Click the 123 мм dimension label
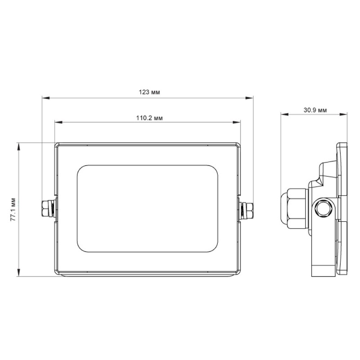[149, 92]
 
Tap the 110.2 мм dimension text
[149, 118]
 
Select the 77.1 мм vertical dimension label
[13, 209]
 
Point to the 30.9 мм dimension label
[315, 110]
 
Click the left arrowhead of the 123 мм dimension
[46, 98]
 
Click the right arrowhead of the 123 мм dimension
[249, 98]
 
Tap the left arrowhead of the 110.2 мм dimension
[58, 122]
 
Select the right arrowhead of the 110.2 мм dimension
[237, 122]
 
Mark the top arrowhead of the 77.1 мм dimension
[18, 147]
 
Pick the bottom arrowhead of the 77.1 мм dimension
[18, 272]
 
